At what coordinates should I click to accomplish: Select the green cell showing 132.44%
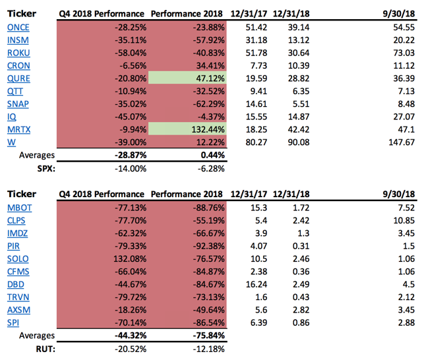coord(187,129)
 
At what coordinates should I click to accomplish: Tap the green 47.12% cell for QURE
coord(187,78)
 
